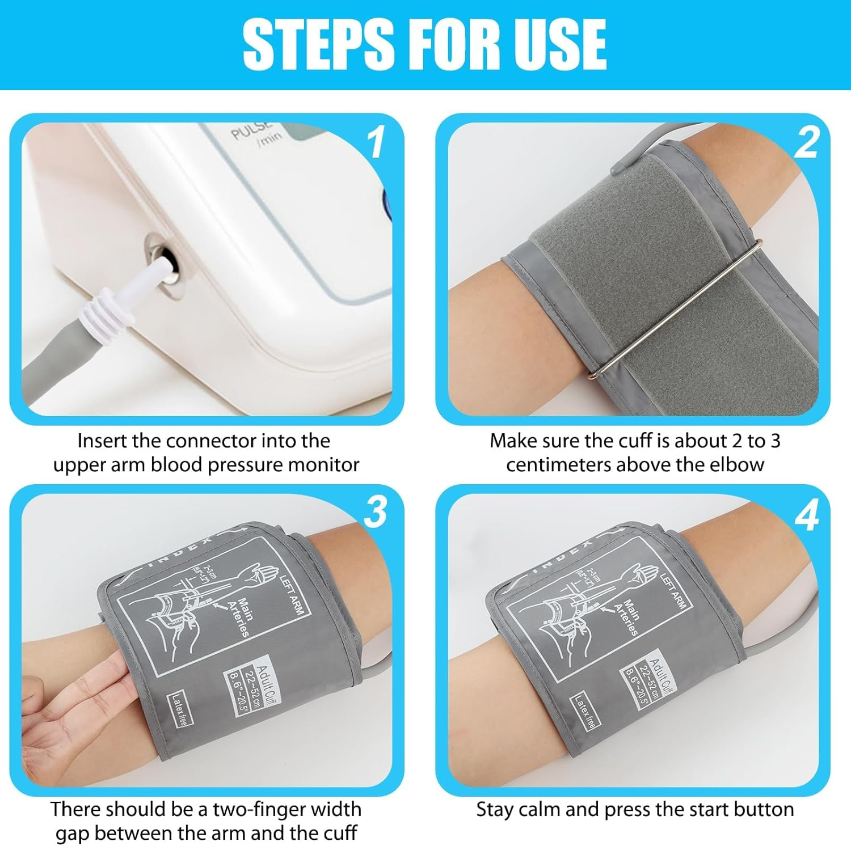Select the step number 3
click(x=376, y=513)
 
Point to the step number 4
click(x=806, y=515)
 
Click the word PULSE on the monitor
click(x=251, y=132)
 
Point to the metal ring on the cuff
click(x=675, y=309)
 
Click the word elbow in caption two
click(x=736, y=465)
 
